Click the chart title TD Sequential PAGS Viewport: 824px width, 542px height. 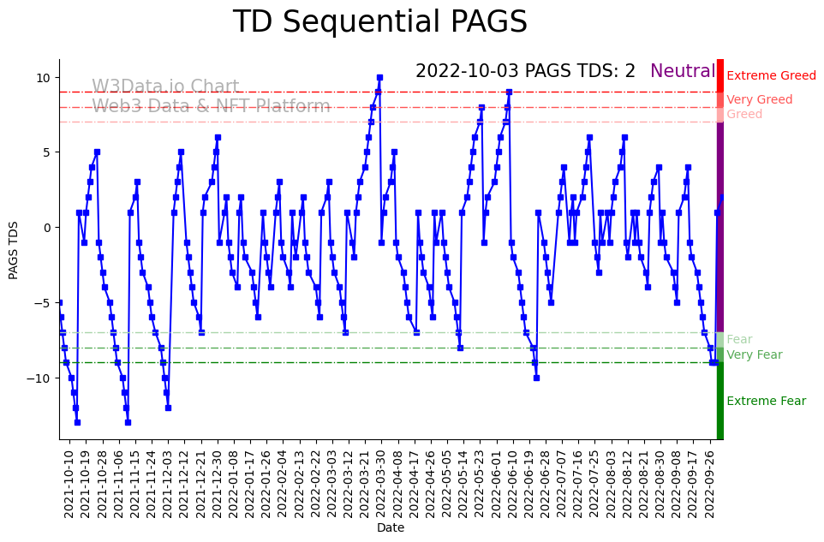[x=379, y=22]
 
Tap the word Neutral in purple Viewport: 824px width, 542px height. [x=683, y=71]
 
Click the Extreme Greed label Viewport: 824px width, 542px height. [x=771, y=76]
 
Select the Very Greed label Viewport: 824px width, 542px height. [x=759, y=100]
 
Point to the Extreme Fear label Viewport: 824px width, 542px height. [x=766, y=402]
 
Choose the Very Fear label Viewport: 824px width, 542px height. [x=754, y=355]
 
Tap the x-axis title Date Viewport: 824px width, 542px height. [x=390, y=528]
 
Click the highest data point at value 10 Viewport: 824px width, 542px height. [x=379, y=77]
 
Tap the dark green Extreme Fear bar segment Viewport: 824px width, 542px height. [x=720, y=401]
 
